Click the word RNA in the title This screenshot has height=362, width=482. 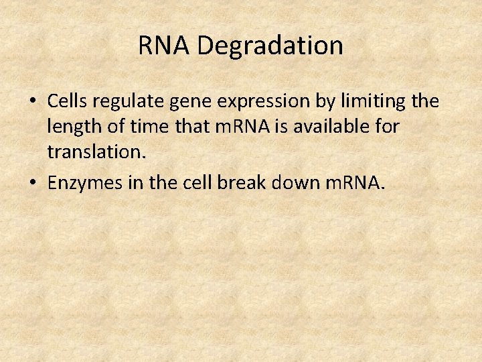[x=165, y=46]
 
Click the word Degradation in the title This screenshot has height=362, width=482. [x=270, y=46]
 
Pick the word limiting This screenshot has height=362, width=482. [x=376, y=101]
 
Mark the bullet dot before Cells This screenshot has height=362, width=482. [x=33, y=101]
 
